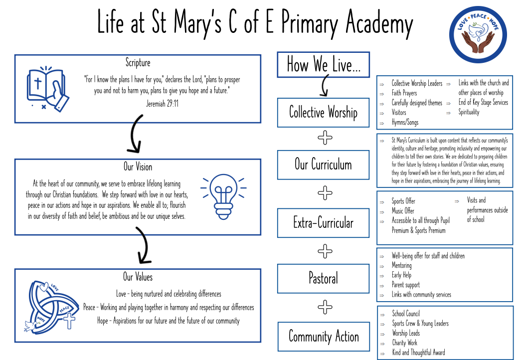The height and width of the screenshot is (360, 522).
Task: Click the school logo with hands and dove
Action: (x=478, y=34)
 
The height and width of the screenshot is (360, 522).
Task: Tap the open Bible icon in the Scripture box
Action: (x=47, y=89)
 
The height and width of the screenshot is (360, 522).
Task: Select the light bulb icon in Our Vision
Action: (x=224, y=196)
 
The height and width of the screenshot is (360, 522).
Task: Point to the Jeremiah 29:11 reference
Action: (x=162, y=104)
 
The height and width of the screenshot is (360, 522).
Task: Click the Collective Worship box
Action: (x=323, y=113)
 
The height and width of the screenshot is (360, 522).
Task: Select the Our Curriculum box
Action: (x=323, y=165)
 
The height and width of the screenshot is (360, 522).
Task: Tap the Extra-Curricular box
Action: (x=323, y=223)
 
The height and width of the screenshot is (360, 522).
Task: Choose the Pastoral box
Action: (x=323, y=278)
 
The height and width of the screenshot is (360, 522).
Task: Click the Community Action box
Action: (x=324, y=337)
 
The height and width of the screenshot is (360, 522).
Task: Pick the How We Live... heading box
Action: (x=323, y=65)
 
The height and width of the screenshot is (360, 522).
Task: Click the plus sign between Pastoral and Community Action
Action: (x=325, y=307)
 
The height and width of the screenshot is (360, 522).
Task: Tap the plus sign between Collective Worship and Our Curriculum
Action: (x=325, y=138)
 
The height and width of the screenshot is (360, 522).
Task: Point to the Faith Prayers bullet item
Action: (x=404, y=93)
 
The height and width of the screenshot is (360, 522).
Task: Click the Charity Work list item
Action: (x=404, y=343)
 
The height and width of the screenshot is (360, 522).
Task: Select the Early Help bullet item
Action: (x=401, y=275)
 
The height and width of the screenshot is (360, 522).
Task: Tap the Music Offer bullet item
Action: (x=403, y=211)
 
